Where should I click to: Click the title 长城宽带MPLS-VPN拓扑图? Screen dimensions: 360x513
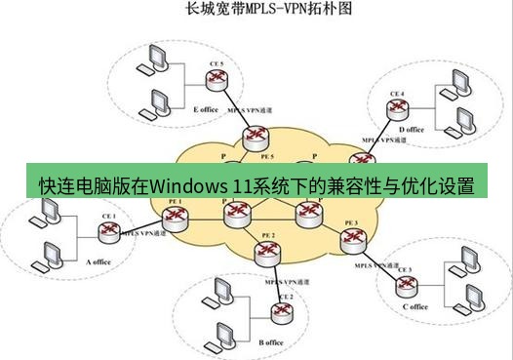256,11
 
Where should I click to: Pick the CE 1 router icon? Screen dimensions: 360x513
107,232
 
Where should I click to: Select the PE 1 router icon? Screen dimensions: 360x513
175,219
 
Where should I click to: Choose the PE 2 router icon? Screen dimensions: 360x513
266,253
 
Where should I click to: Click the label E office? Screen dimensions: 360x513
206,109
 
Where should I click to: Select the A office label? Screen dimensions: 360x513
100,261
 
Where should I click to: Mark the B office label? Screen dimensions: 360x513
271,342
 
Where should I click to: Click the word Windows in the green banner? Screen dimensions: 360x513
187,184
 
